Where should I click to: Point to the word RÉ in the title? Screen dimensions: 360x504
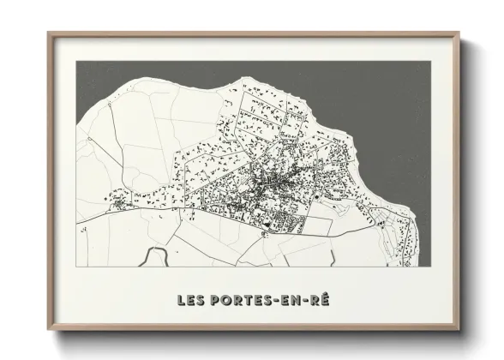[x=323, y=301]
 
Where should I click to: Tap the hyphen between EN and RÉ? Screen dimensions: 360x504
[x=308, y=302]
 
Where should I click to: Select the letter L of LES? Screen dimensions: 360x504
[x=180, y=301]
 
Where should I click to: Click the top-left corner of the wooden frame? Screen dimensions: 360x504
[x=48, y=33]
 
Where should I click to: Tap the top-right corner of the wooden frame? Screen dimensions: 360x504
[x=459, y=33]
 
